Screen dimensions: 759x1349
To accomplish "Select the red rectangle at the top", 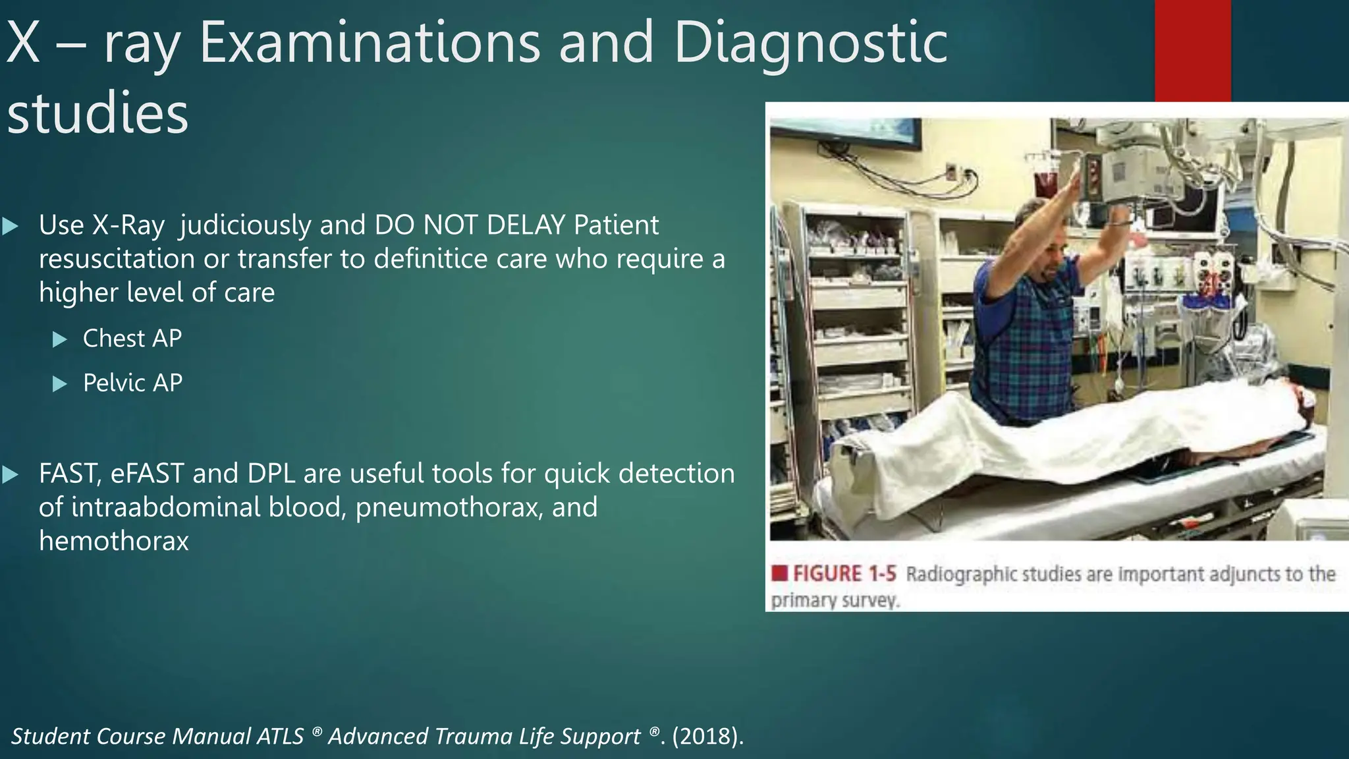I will coord(1192,50).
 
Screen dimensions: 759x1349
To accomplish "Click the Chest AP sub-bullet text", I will coord(132,339).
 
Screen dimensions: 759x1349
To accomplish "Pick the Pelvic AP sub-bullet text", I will coord(132,383).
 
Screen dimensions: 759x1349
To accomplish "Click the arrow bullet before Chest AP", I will coord(60,340).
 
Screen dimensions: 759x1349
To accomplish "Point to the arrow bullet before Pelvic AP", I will coord(60,384).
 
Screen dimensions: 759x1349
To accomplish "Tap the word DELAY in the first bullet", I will coord(526,226).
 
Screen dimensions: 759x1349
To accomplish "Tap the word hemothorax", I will coord(113,542).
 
